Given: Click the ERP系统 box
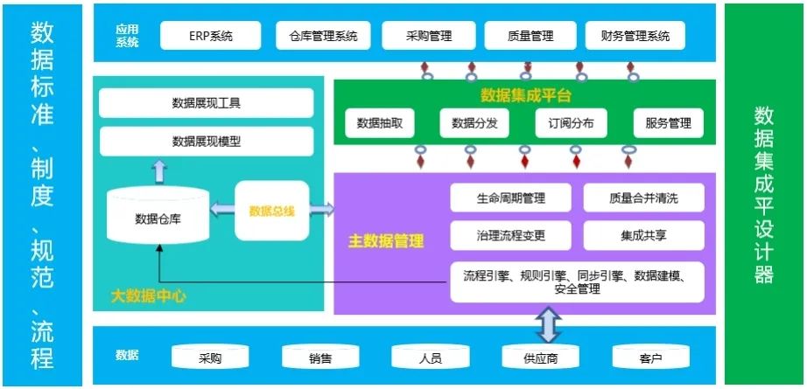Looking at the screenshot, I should click(210, 36).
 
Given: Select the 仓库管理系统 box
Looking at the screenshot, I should click(323, 36).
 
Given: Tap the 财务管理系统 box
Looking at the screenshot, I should click(635, 36).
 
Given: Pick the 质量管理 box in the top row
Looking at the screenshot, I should click(530, 36).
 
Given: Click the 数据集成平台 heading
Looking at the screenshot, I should click(525, 95).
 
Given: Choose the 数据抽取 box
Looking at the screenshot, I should click(380, 123).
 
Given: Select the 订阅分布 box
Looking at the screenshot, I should click(570, 123).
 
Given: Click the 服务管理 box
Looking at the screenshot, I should click(668, 123).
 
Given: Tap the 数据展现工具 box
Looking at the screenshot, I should click(207, 103).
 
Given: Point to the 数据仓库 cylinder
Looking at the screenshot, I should click(158, 216).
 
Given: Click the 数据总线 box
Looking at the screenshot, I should click(271, 211).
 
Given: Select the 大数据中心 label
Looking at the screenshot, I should click(148, 295).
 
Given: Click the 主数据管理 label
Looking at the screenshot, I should click(386, 240).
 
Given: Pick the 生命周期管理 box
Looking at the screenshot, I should click(510, 198).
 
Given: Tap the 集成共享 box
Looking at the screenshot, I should click(643, 234).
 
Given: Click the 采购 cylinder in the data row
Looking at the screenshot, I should click(210, 358).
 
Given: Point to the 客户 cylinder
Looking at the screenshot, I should click(650, 358).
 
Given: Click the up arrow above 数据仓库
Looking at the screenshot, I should click(158, 171).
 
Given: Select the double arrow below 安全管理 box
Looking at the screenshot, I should click(547, 323).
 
